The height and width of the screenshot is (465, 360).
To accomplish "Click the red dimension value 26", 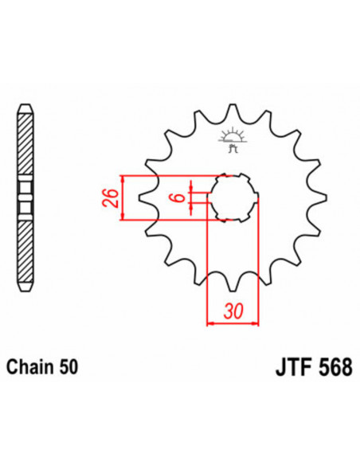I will [113, 197].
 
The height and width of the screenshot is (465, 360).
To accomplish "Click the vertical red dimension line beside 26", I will [124, 197].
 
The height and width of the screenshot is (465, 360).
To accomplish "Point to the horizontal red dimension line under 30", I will [233, 322].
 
